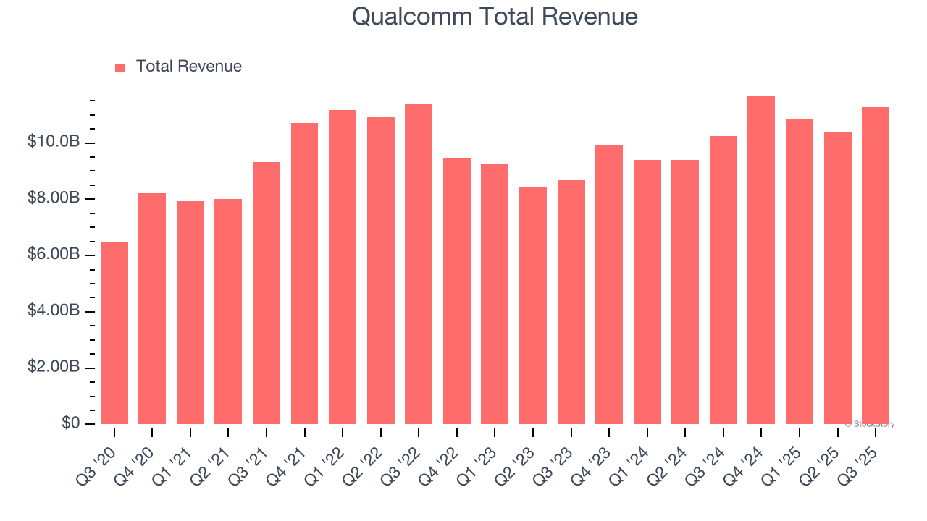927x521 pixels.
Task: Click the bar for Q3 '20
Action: click(x=114, y=333)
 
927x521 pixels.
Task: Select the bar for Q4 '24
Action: click(x=761, y=260)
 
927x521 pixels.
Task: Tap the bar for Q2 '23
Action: click(x=533, y=305)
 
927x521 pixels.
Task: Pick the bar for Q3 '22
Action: click(x=419, y=264)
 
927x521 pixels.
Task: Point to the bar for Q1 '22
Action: click(x=343, y=267)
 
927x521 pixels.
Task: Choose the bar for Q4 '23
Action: click(x=609, y=284)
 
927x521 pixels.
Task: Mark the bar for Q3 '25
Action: click(x=876, y=266)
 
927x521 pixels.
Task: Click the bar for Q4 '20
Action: click(x=152, y=308)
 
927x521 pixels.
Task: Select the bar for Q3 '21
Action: click(x=267, y=293)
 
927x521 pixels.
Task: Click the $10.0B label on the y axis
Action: click(x=53, y=142)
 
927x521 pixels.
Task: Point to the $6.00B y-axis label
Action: click(x=53, y=255)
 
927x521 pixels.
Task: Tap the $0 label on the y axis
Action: click(x=70, y=423)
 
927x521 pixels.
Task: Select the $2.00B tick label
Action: click(x=53, y=367)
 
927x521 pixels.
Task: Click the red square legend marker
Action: click(x=120, y=67)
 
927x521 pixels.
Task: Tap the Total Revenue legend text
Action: click(x=188, y=67)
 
